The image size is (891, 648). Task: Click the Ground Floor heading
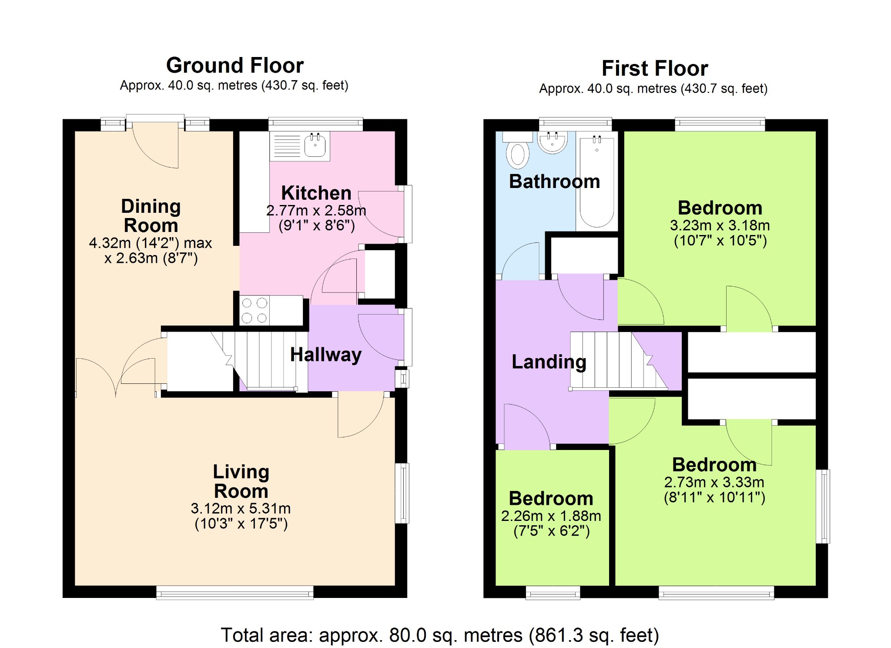point(235,66)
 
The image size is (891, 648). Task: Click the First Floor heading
point(655,68)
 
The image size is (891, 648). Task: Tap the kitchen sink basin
point(315,145)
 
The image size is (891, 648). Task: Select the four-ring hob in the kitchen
point(255,310)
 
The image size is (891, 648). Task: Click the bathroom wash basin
point(553,142)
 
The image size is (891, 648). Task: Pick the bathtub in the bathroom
point(596,181)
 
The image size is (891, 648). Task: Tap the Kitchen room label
point(316,193)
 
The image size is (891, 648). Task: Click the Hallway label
point(326,355)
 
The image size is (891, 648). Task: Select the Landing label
point(549,362)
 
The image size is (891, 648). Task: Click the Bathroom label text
point(555,181)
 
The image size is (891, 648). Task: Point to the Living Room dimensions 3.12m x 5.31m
point(241,508)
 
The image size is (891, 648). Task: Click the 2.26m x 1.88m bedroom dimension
point(551,516)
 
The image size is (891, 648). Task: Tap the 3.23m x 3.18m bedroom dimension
point(720,225)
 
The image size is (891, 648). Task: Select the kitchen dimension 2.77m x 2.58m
point(316,211)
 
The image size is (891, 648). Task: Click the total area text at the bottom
point(440,635)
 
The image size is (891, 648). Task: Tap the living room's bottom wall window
point(235,592)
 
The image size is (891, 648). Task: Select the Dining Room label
point(151,216)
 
